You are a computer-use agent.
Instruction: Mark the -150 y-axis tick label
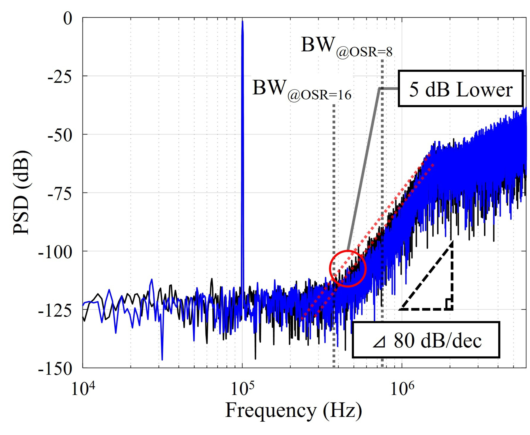55,369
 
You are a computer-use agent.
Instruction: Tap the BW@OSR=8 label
346,48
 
